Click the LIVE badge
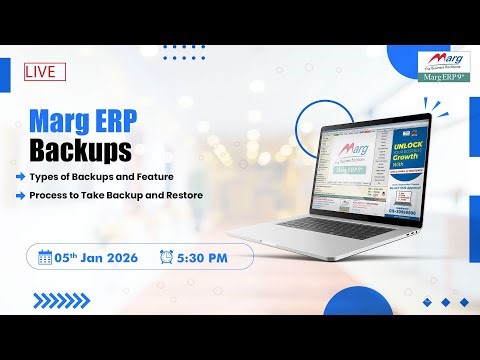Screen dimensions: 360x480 click(45, 71)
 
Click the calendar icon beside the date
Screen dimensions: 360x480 click(45, 256)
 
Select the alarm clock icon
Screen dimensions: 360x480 click(166, 256)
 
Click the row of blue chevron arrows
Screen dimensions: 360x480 click(61, 299)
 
